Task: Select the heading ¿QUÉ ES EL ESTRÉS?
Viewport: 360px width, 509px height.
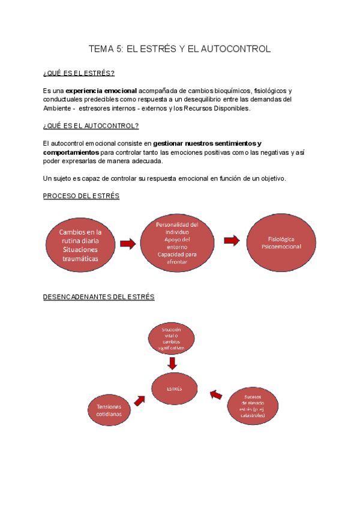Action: [x=79, y=73]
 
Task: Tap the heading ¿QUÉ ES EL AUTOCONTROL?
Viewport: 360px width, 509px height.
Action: [x=91, y=126]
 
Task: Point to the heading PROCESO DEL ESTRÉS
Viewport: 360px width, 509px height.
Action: [x=81, y=196]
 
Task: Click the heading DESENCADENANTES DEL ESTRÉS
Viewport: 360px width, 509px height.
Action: [x=99, y=297]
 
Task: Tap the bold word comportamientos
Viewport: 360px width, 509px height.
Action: [x=71, y=152]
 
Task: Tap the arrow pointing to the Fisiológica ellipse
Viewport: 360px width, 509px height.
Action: [x=232, y=241]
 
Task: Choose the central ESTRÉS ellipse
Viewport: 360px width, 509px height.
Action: [x=174, y=388]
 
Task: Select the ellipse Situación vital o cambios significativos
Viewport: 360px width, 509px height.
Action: [x=172, y=339]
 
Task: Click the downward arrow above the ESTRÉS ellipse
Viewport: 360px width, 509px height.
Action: [x=173, y=363]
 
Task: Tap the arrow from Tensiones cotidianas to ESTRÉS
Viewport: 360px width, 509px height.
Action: [x=141, y=399]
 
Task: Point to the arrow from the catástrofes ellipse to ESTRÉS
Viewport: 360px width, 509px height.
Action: [x=216, y=394]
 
